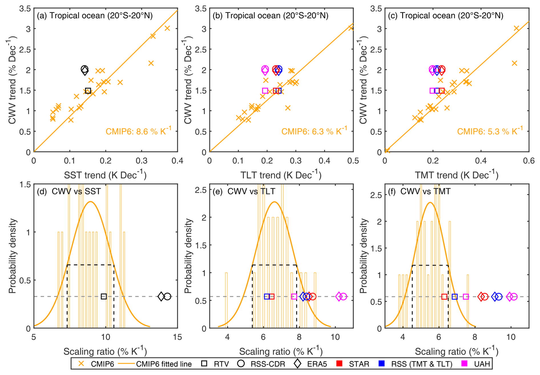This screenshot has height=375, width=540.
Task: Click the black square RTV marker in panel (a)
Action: (88, 91)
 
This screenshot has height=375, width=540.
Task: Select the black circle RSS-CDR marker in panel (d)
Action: (168, 296)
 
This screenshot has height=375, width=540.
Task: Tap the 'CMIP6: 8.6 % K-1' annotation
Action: (138, 131)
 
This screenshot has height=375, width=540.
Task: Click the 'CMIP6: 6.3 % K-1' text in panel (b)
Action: (314, 131)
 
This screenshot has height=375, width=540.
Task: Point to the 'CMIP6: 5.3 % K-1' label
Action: (490, 131)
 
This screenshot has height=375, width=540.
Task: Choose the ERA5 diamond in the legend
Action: (297, 364)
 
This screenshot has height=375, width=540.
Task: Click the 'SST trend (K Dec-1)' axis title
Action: (105, 175)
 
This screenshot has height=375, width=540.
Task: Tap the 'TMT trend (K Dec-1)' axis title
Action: (456, 175)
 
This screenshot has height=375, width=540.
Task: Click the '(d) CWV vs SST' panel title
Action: (69, 191)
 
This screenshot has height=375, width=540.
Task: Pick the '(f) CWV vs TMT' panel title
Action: (419, 191)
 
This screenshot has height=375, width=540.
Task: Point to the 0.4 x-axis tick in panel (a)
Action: (177, 161)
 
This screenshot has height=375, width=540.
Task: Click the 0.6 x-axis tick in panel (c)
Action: (529, 161)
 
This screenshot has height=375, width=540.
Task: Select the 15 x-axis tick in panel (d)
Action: (177, 337)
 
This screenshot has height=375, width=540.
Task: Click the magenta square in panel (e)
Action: (294, 296)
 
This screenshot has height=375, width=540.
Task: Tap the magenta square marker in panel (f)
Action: (466, 297)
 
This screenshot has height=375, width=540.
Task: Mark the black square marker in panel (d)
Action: (104, 296)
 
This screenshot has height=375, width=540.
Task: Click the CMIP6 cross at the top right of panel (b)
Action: (351, 28)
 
